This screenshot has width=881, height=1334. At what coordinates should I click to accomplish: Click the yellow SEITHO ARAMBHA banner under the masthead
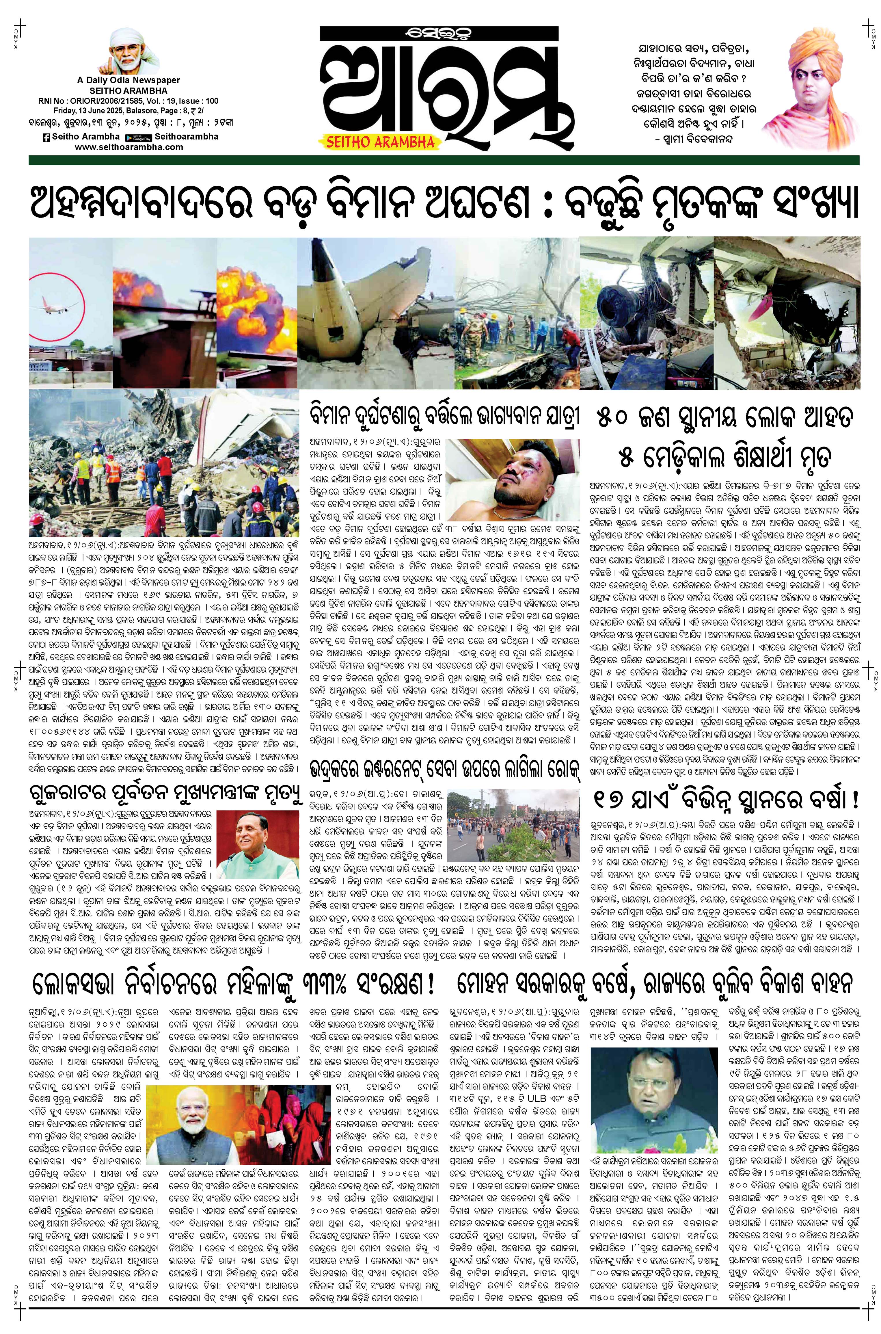[380, 142]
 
